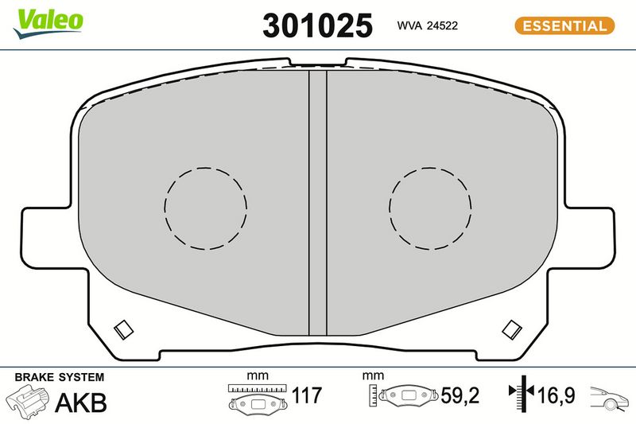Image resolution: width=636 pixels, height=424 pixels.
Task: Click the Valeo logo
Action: click(x=48, y=23)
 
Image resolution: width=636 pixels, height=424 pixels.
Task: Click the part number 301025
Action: click(x=317, y=25)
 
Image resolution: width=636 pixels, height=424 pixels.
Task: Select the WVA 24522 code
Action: click(x=427, y=25)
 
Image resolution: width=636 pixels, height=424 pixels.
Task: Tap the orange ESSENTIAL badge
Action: click(x=564, y=25)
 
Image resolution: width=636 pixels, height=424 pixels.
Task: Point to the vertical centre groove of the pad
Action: click(x=317, y=203)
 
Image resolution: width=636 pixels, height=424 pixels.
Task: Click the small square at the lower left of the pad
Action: click(x=123, y=329)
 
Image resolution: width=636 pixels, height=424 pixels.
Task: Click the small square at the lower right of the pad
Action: click(x=512, y=329)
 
